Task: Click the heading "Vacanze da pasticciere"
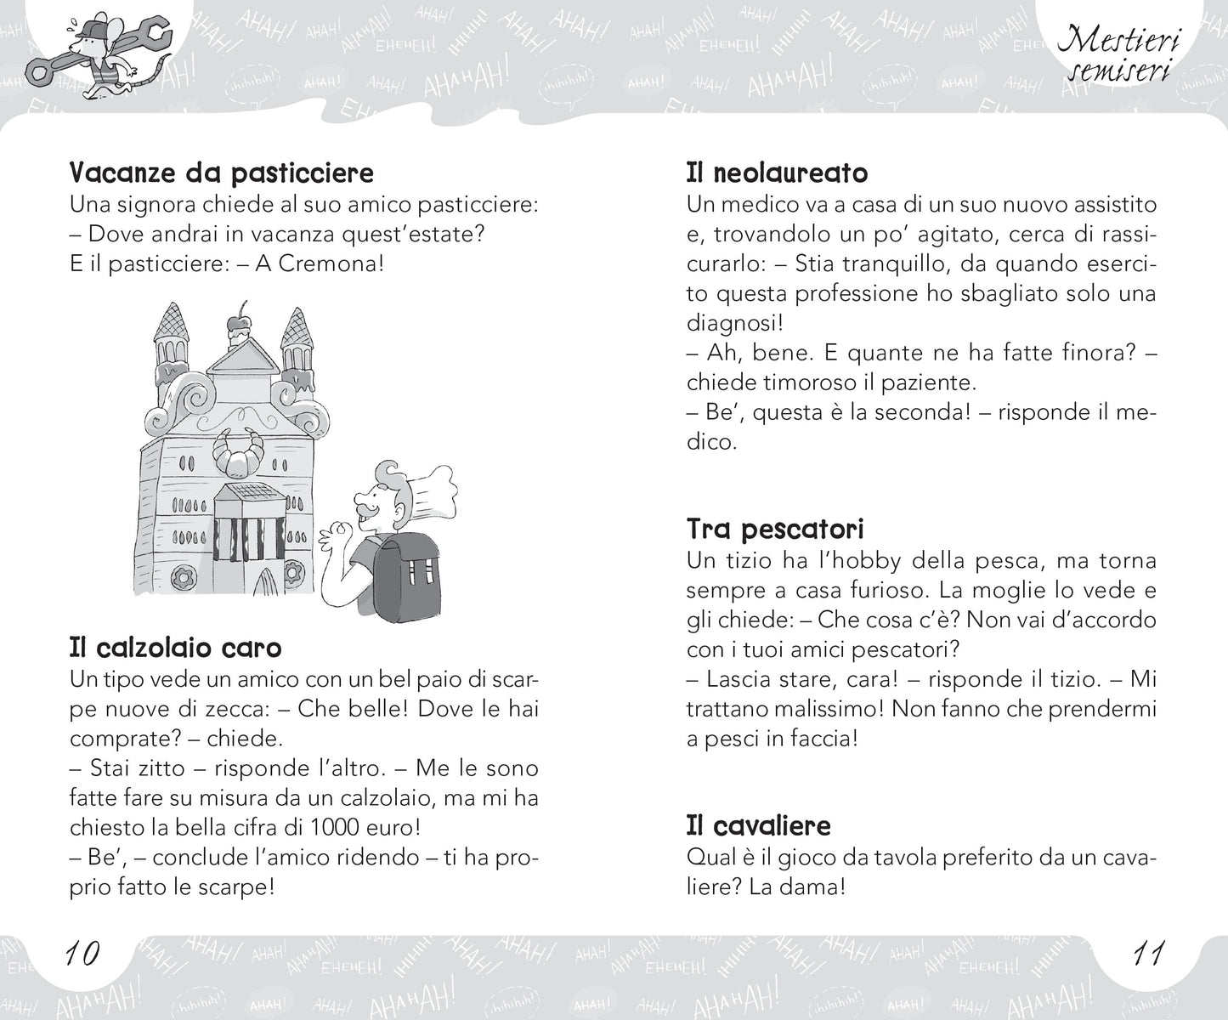pyautogui.click(x=221, y=173)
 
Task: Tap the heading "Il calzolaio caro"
pyautogui.click(x=175, y=648)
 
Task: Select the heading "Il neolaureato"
pyautogui.click(x=777, y=173)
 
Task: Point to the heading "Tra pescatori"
pyautogui.click(x=774, y=530)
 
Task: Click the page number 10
pyautogui.click(x=82, y=952)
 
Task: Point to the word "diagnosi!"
pyautogui.click(x=735, y=323)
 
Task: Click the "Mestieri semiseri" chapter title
pyautogui.click(x=1117, y=52)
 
